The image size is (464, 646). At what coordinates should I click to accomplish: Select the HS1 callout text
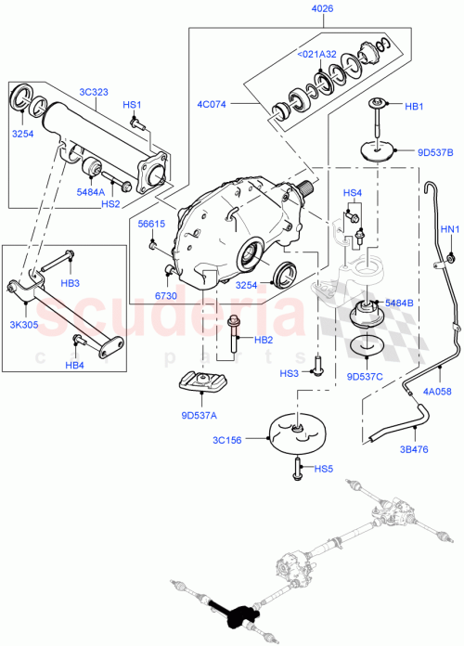pos(134,105)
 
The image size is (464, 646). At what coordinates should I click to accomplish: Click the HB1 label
pos(413,106)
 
